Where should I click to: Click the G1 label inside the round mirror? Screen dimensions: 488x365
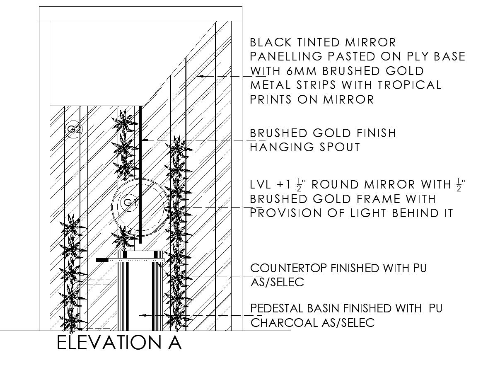point(130,203)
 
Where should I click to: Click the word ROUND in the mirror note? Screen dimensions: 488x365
point(339,184)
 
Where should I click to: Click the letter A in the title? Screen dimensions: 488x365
point(173,343)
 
